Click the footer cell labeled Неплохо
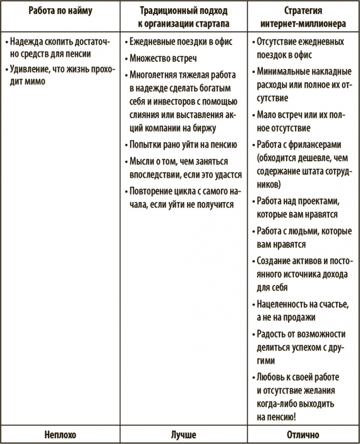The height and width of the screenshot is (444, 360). (60, 434)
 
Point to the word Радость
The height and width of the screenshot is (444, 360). (272, 334)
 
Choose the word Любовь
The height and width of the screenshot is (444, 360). (271, 378)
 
